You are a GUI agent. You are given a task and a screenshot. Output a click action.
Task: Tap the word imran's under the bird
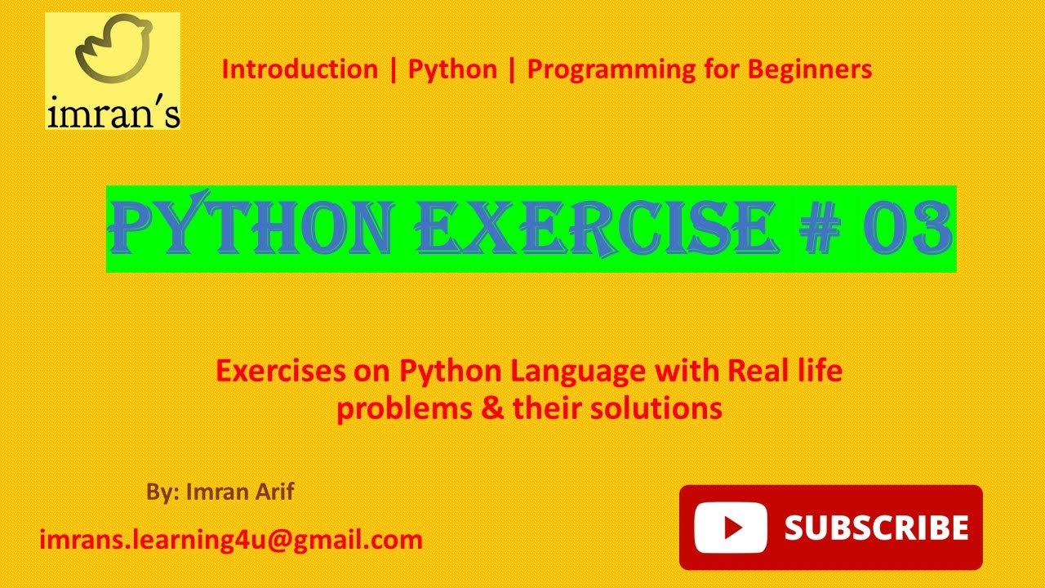coord(113,113)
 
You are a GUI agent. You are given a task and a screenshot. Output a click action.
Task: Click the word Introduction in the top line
coord(300,69)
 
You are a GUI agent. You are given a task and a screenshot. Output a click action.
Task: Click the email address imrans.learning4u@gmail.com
coord(231,540)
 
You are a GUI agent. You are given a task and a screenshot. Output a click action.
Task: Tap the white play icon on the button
coord(731,528)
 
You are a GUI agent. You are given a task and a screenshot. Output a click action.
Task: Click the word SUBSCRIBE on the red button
coord(876,528)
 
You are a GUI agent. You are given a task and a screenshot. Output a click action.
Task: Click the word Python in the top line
coord(452,70)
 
